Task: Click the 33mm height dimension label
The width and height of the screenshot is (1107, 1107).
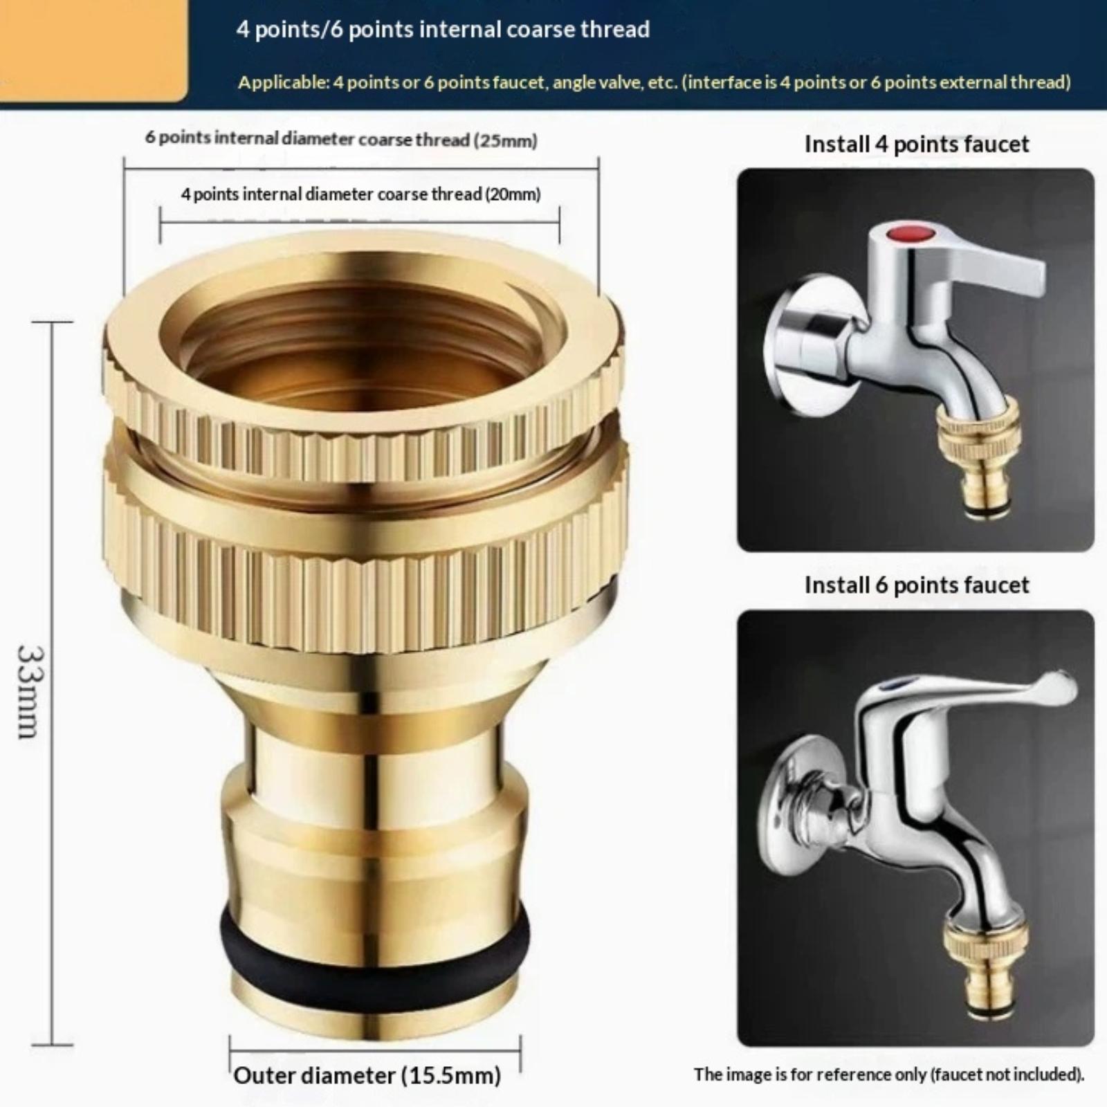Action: coord(31,692)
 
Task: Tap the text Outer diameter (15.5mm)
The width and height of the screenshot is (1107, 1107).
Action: coord(367,1075)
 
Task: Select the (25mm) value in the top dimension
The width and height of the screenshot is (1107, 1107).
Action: coord(505,140)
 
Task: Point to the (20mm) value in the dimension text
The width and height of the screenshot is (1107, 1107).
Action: coord(512,194)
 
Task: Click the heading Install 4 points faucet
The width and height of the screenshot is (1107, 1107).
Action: coord(917,144)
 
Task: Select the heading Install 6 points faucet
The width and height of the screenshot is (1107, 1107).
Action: coord(917,585)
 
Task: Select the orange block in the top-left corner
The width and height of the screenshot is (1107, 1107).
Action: coord(93,50)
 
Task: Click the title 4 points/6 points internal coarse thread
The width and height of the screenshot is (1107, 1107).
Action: coord(443,30)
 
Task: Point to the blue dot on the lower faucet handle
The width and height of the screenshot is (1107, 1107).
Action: coord(897,685)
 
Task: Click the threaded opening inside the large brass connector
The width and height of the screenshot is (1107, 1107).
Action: coord(363,346)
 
